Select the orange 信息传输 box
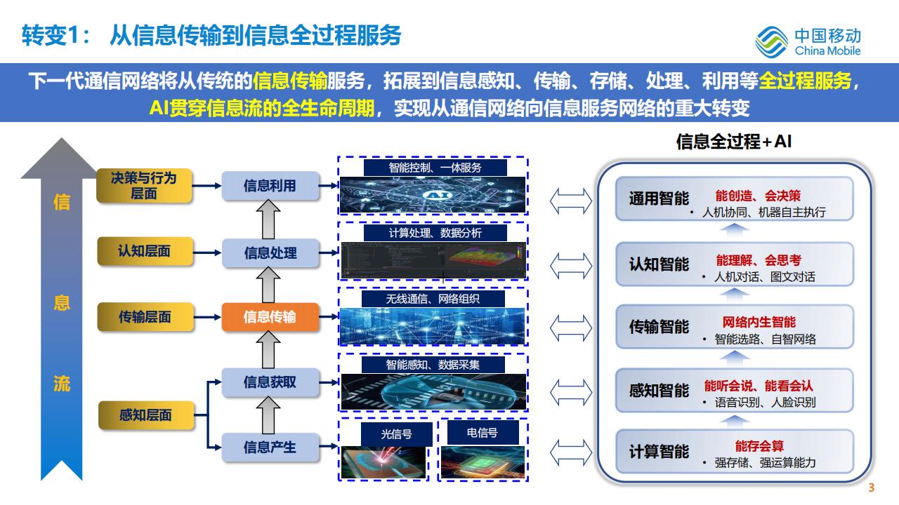click(270, 317)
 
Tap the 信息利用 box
click(270, 186)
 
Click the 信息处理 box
click(270, 252)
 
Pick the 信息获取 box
click(270, 382)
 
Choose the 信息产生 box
click(270, 447)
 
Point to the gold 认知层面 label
click(144, 251)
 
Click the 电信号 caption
click(482, 433)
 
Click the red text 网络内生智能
click(759, 322)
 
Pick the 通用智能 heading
click(659, 198)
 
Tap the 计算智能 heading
click(659, 451)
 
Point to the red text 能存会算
click(759, 446)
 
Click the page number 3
click(872, 489)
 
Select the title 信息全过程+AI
click(734, 142)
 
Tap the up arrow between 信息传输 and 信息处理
click(270, 284)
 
